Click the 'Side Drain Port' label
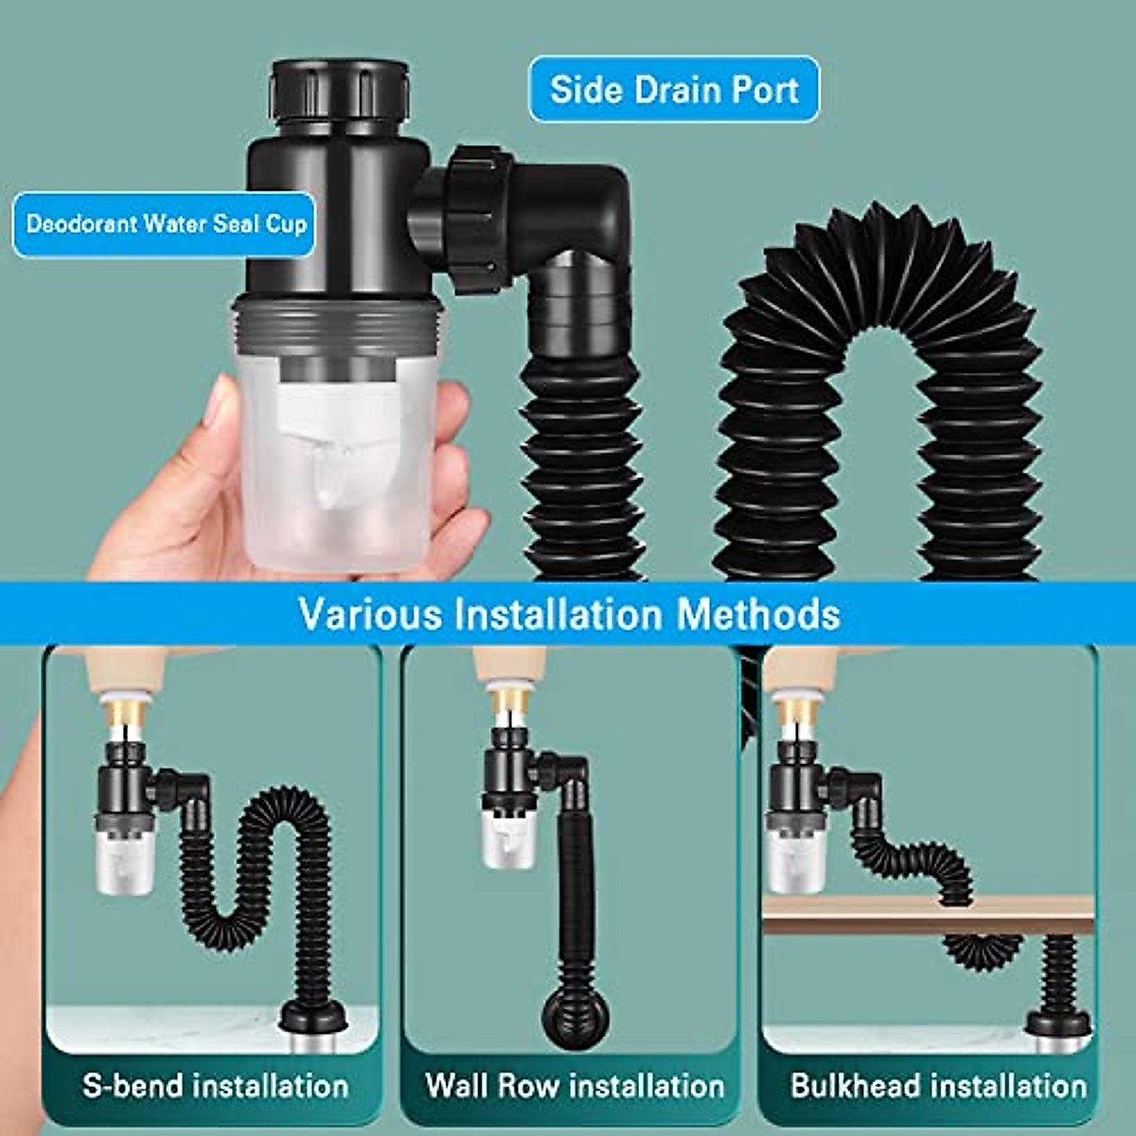(x=674, y=90)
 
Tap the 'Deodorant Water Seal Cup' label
(x=166, y=224)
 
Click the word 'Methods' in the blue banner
(x=758, y=613)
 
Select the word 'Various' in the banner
(x=370, y=613)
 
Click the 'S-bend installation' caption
(x=216, y=1085)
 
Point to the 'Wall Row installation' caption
(x=575, y=1085)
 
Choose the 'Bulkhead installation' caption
(x=938, y=1085)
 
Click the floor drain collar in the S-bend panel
(x=313, y=1020)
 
